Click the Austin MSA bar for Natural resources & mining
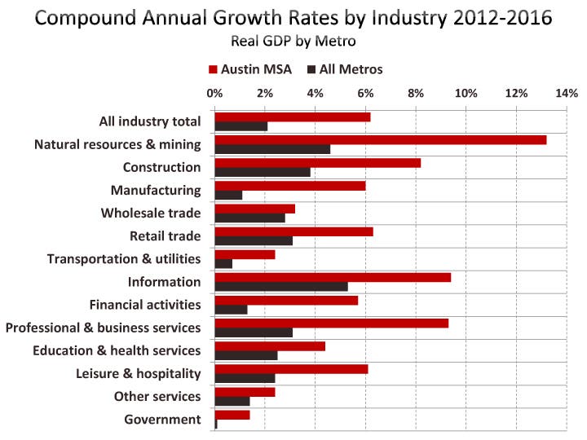(380, 140)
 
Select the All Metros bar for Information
(281, 287)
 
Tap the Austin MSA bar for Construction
(317, 163)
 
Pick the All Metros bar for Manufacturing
(228, 196)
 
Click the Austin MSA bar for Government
(232, 415)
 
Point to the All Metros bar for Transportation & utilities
(223, 264)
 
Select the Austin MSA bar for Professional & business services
(331, 323)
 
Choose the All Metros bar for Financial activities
(231, 310)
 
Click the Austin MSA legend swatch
(214, 70)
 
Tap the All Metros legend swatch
(312, 70)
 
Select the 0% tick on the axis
(214, 94)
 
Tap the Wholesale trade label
(150, 213)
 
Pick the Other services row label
(158, 397)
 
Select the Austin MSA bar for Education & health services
(270, 346)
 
